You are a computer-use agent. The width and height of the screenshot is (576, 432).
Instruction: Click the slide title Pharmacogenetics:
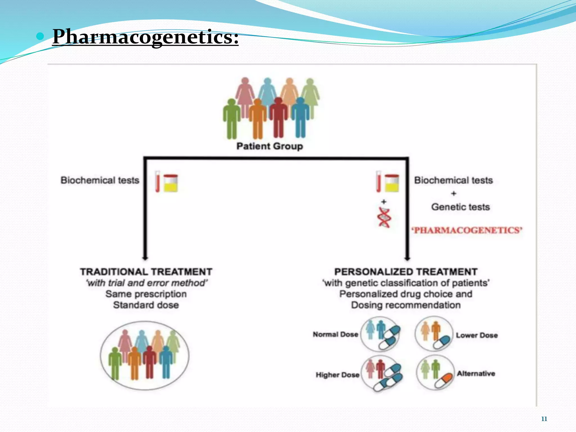coord(145,37)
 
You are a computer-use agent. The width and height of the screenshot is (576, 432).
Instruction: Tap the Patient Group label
coord(269,146)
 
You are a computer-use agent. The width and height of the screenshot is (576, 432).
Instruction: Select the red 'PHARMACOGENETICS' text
coord(467,230)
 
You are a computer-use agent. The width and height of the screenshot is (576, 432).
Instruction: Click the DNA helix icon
coord(384,217)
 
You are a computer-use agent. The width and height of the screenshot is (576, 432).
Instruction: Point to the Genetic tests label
coord(460,207)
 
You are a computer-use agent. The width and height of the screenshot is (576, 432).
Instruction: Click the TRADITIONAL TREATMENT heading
coord(146,272)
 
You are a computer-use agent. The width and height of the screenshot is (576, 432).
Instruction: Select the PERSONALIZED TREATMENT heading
coord(406,272)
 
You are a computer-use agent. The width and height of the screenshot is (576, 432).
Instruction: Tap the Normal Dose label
coord(335,334)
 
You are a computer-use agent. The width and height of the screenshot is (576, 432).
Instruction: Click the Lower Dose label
coord(477,335)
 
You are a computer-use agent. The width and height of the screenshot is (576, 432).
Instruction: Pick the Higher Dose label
coord(337,375)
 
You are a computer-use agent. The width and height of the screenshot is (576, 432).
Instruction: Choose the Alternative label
coord(476,373)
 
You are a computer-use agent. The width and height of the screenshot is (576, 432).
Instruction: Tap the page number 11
coord(544,419)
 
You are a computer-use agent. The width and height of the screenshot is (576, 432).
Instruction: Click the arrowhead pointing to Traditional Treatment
coord(145,258)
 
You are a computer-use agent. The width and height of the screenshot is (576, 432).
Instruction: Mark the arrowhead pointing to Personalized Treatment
coord(407,258)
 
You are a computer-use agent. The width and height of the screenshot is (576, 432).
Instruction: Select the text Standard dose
coord(146,305)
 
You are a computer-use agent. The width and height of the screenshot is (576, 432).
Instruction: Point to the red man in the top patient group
coord(278,118)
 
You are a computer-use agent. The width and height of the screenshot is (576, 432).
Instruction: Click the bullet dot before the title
coord(40,36)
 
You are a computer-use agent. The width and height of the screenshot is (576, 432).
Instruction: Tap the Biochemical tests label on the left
coord(100,180)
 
